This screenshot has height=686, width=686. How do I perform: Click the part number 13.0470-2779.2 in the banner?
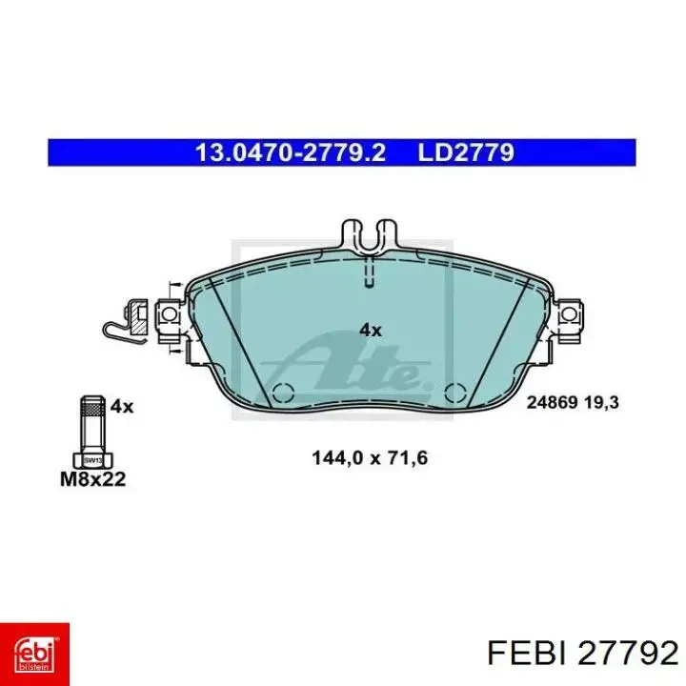[x=290, y=151]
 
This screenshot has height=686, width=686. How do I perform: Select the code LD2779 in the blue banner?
[x=466, y=151]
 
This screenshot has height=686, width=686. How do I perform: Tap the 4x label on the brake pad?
[x=370, y=331]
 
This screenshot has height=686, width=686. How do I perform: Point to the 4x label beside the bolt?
[x=122, y=406]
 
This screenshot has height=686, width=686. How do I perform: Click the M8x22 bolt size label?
[x=93, y=479]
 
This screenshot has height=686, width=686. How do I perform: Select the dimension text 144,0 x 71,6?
[x=370, y=457]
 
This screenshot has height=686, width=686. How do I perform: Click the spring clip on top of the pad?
[x=370, y=234]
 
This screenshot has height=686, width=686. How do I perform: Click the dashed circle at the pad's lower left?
[x=283, y=393]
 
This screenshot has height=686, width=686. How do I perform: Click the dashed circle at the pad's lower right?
[x=455, y=393]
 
